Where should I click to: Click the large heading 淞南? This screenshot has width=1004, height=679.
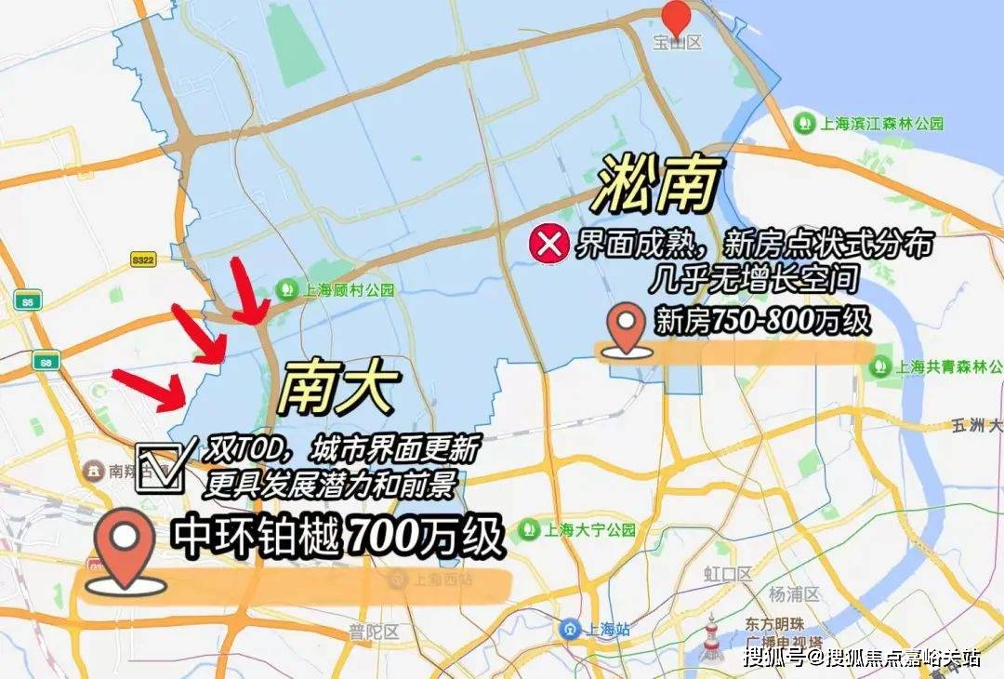(x=659, y=184)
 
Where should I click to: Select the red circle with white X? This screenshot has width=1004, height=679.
(x=548, y=245)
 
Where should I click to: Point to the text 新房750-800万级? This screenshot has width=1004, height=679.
(x=762, y=322)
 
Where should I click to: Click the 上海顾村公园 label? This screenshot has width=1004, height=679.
(x=338, y=289)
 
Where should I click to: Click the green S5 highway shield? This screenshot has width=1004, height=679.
(x=27, y=300)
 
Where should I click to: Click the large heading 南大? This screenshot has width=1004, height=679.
(x=339, y=388)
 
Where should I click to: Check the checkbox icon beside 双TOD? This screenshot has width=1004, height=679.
(x=159, y=467)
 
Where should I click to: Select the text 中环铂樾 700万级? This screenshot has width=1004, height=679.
(x=337, y=537)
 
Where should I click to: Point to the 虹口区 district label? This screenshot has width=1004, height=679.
(x=727, y=574)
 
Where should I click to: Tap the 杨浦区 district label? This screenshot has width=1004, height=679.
(x=794, y=593)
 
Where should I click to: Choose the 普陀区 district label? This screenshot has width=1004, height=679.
(x=374, y=632)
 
